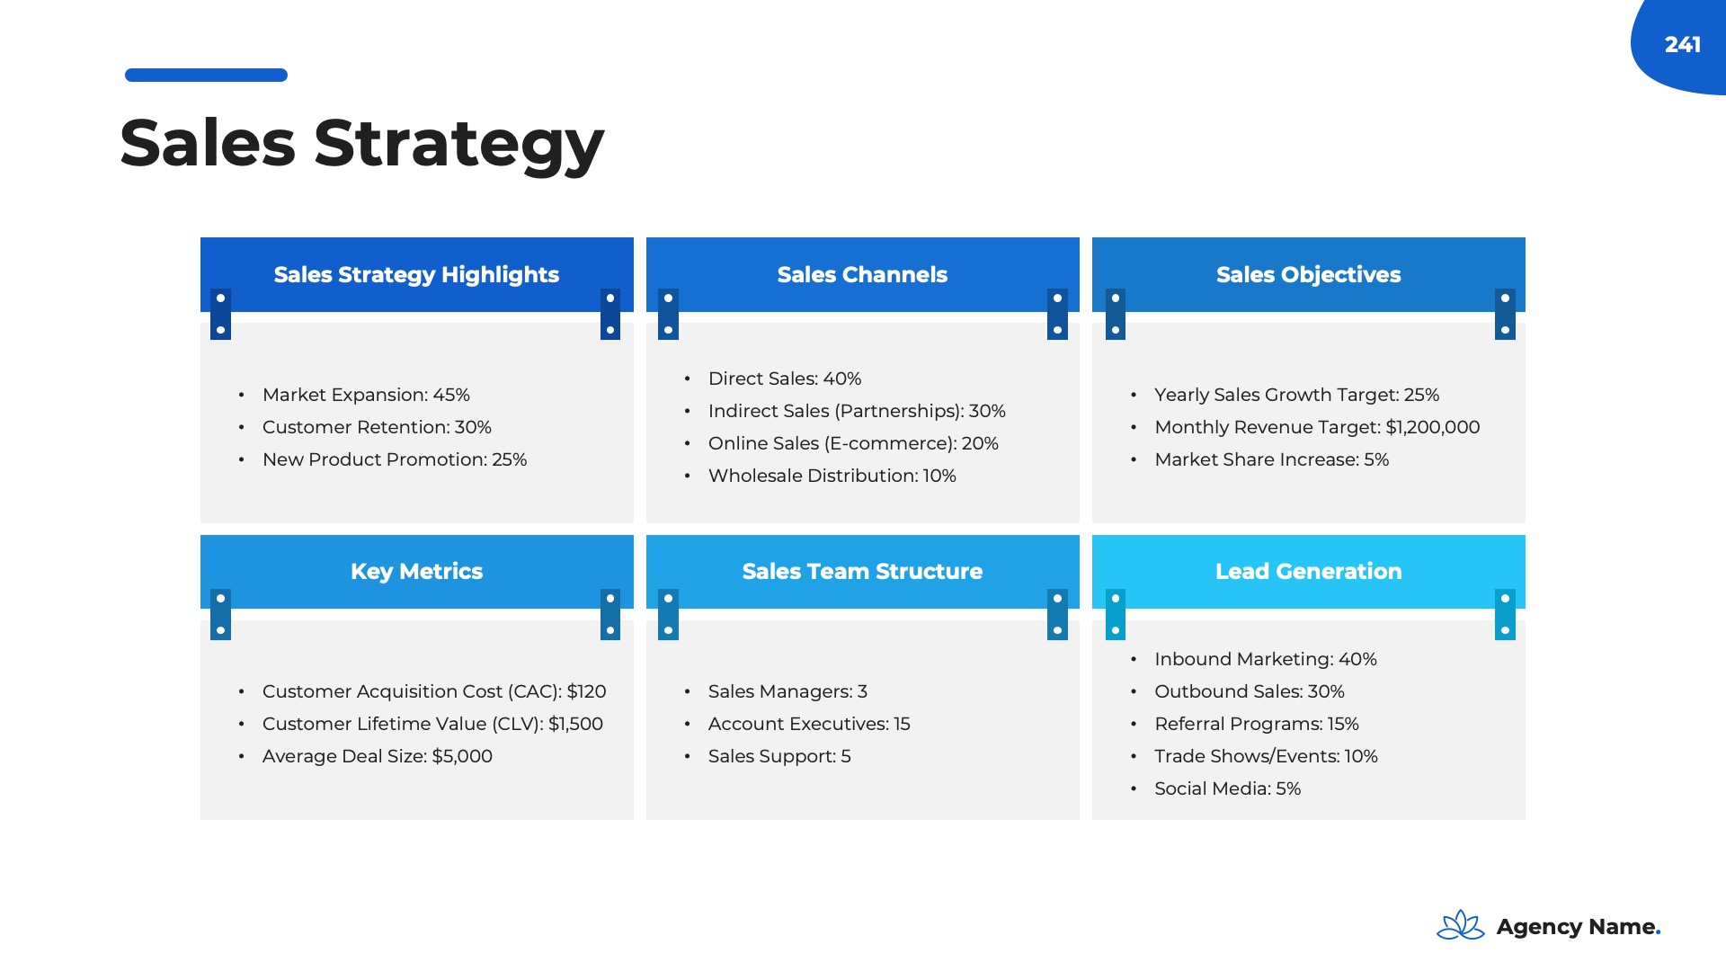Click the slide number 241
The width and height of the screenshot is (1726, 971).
point(1682,45)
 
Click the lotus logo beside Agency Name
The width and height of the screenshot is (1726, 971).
point(1461,925)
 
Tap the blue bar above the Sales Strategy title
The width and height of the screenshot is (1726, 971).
point(206,75)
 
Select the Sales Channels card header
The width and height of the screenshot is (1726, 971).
point(862,274)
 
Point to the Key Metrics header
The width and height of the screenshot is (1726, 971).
point(416,572)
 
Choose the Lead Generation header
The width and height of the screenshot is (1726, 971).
point(1308,572)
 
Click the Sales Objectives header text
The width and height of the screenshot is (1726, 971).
point(1308,274)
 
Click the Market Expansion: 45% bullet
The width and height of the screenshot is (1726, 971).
point(366,395)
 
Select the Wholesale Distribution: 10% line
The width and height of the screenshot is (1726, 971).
point(832,476)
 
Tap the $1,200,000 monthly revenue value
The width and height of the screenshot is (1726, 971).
point(1433,427)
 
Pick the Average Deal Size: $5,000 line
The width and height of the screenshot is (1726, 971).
point(378,756)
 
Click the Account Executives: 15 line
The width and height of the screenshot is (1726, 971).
point(809,724)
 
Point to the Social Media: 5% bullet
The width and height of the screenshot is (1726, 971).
point(1228,788)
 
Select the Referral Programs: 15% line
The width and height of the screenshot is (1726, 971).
point(1257,724)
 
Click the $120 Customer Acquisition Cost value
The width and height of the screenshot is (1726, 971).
point(586,691)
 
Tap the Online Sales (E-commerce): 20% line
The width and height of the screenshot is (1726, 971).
point(853,443)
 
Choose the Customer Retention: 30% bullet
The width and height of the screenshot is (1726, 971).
point(377,427)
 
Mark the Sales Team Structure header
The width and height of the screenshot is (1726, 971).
point(862,572)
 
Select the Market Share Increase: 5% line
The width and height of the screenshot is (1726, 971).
point(1272,459)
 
